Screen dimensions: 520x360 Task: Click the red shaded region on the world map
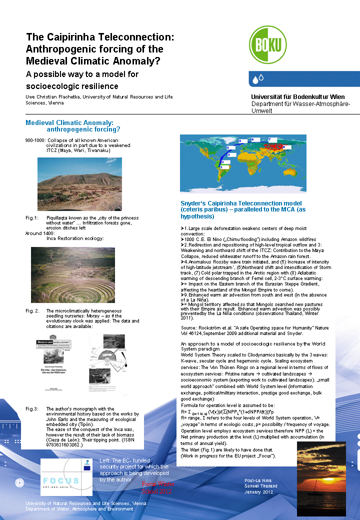[272, 147]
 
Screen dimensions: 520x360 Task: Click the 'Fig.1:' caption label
[32, 218]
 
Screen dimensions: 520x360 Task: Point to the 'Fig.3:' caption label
[32, 409]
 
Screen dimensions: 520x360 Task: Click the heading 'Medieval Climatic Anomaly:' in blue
[69, 122]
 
